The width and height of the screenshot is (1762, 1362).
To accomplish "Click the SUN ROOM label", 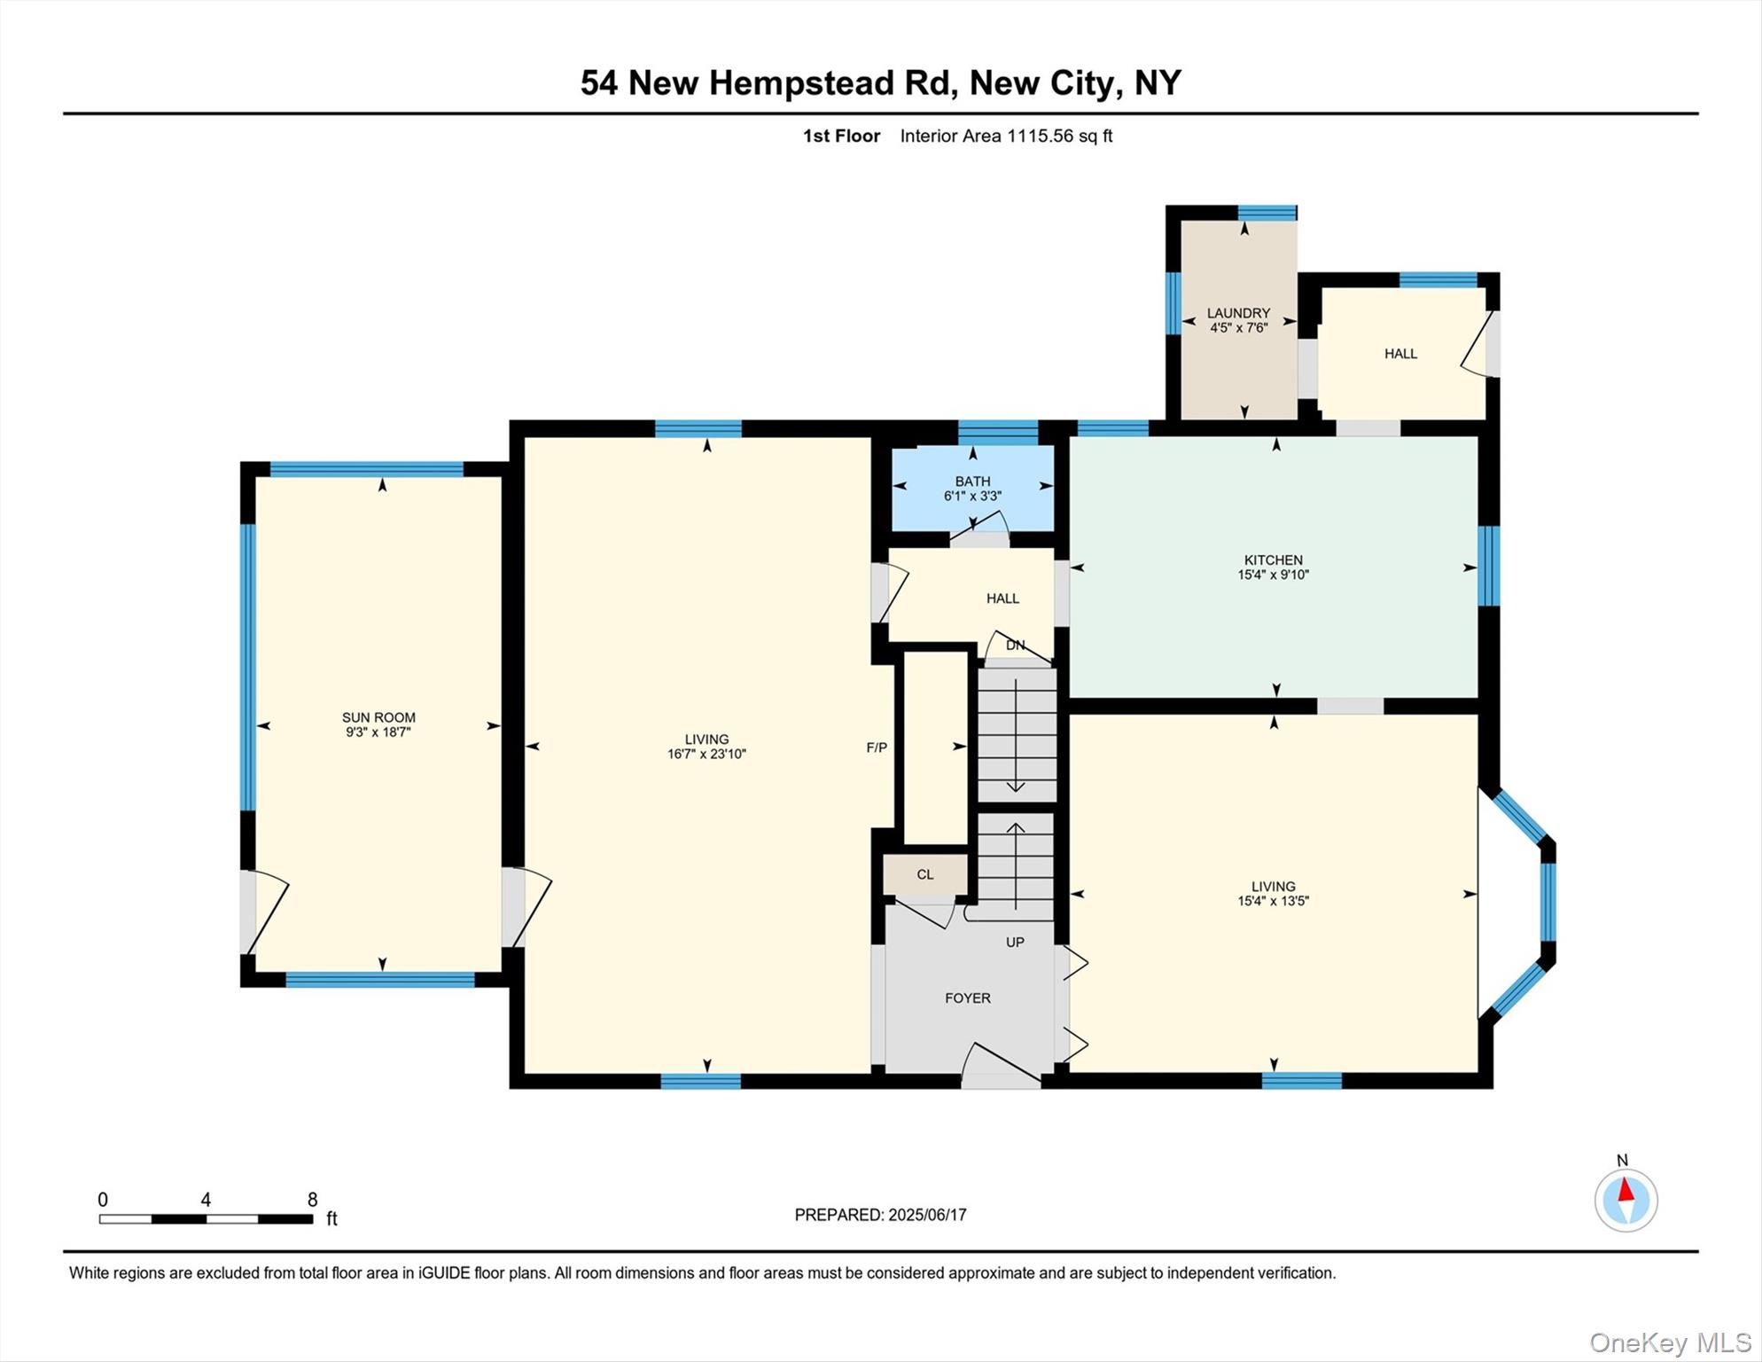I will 378,717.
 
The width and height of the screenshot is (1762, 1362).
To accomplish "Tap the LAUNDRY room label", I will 1238,313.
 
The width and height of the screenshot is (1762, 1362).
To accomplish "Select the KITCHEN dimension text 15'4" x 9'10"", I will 1273,575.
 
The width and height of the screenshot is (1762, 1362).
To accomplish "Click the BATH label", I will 972,481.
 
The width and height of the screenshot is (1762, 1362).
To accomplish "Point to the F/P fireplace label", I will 877,748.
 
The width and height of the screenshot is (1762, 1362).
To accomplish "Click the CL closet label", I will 925,874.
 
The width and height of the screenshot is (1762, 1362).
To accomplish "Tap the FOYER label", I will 967,998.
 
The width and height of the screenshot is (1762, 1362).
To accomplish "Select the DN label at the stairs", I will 1015,646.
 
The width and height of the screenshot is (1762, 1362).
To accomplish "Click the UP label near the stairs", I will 1015,942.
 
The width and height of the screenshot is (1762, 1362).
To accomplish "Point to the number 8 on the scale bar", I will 312,1200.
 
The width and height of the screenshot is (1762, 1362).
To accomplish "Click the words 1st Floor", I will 841,136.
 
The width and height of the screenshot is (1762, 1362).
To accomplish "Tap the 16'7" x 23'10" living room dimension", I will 706,755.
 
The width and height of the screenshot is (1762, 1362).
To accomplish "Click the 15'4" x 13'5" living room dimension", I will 1273,901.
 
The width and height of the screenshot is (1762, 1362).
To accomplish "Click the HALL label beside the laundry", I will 1400,354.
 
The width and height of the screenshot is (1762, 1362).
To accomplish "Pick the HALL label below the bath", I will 1002,599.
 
